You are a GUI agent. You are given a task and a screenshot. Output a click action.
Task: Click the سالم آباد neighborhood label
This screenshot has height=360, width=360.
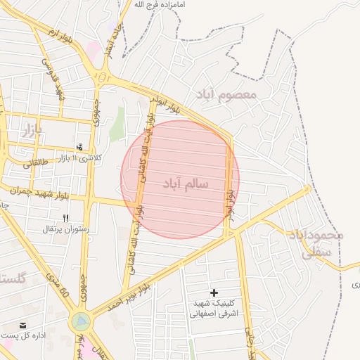pyautogui.click(x=185, y=184)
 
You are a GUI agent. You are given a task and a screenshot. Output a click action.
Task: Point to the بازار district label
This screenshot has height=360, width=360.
pyautogui.click(x=32, y=129)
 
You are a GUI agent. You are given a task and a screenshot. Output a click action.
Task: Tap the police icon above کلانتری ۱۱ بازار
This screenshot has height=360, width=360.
pyautogui.click(x=81, y=148)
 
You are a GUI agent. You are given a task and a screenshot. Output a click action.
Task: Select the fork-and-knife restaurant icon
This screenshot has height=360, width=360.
pyautogui.click(x=66, y=219)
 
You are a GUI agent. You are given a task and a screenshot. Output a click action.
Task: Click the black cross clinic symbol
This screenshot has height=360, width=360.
pyautogui.click(x=214, y=292)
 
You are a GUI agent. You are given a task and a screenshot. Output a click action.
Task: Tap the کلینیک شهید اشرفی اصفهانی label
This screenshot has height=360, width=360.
pyautogui.click(x=214, y=308)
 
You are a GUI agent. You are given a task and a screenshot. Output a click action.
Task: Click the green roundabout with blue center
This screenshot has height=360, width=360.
pyautogui.click(x=80, y=321)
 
